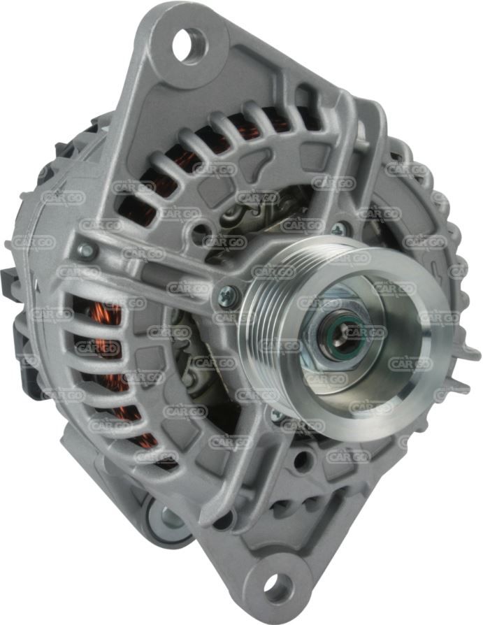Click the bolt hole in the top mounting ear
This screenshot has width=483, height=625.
point(190,45)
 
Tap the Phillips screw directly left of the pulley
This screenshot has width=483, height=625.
point(229,295)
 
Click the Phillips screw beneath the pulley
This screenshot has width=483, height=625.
point(277,416)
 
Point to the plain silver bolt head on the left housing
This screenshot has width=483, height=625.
point(87,251)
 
